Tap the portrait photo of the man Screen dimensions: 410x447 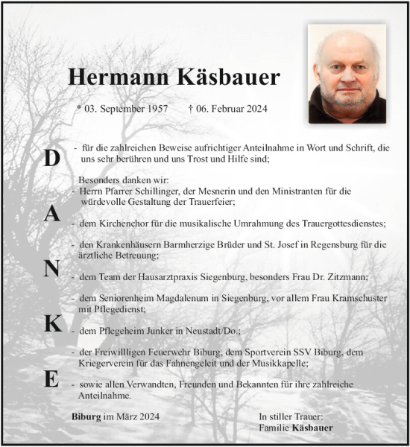click(x=347, y=73)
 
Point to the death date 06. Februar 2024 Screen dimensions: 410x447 click(x=228, y=109)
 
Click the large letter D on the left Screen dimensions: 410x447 click(x=51, y=158)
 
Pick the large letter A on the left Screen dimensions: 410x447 click(x=51, y=214)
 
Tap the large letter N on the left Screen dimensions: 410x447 click(x=51, y=269)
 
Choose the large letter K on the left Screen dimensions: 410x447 click(x=51, y=323)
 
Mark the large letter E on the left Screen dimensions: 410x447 click(x=51, y=378)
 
